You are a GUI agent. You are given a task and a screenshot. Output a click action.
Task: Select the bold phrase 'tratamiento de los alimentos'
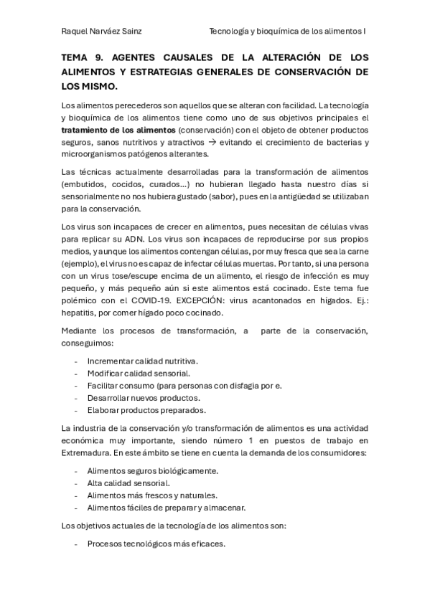(x=118, y=129)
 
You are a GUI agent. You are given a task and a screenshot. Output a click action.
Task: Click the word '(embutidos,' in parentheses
(x=85, y=184)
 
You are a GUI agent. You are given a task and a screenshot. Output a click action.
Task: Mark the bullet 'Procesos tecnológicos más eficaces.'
(x=156, y=543)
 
